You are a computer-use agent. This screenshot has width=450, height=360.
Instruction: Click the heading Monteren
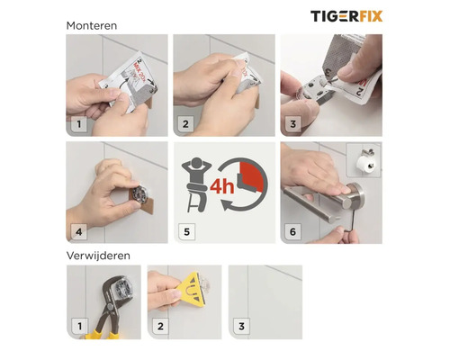click(92, 25)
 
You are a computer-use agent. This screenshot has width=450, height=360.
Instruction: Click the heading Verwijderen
click(99, 256)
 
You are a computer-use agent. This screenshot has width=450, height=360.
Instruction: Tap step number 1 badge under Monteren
click(79, 124)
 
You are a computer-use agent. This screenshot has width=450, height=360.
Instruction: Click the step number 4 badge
click(79, 231)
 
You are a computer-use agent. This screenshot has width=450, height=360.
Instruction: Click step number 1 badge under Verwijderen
click(79, 325)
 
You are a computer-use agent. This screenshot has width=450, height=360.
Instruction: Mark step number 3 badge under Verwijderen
click(240, 325)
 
